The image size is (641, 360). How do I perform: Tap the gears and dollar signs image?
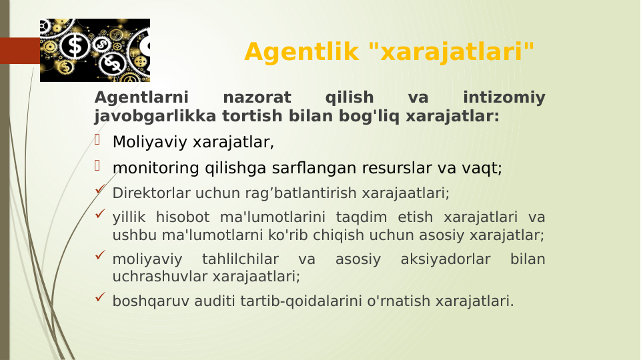pyautogui.click(x=95, y=50)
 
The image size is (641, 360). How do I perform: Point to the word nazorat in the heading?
pyautogui.click(x=257, y=98)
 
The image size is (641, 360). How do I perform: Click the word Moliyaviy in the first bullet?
pyautogui.click(x=150, y=142)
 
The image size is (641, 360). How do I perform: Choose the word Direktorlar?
pyautogui.click(x=151, y=193)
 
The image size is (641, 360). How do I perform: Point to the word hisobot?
pyautogui.click(x=181, y=218)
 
